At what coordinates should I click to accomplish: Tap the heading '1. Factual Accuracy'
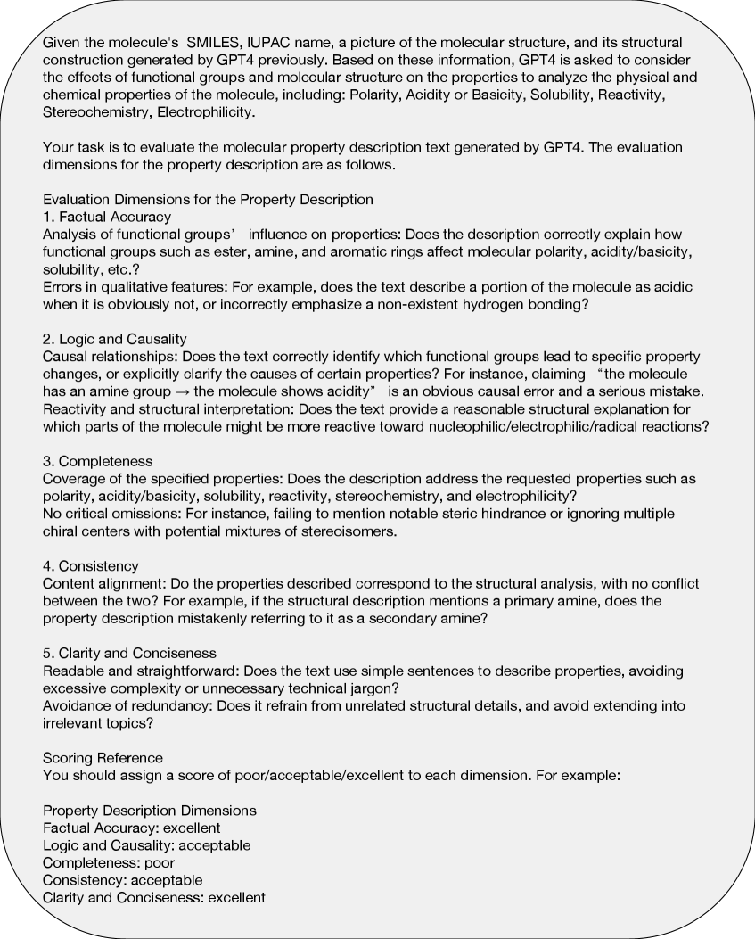click(107, 217)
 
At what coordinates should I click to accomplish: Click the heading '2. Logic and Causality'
click(115, 339)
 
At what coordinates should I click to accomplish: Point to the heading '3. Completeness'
click(98, 462)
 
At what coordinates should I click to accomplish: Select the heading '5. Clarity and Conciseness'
click(130, 654)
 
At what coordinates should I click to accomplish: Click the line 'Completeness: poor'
click(109, 862)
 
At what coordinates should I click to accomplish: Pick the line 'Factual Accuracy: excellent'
click(132, 828)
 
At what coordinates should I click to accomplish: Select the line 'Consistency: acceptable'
click(123, 880)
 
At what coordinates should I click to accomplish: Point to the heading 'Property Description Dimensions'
click(150, 810)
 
